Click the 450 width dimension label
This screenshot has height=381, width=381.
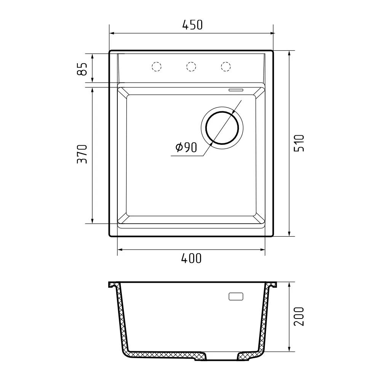tap(192, 25)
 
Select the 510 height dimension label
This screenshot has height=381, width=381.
tap(299, 143)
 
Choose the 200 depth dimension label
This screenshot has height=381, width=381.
tap(299, 316)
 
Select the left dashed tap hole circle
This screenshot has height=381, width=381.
tap(157, 66)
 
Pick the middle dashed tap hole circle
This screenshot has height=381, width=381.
tap(191, 66)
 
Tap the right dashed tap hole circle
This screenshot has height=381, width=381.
tap(226, 66)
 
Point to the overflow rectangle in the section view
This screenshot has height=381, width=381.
tap(235, 297)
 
